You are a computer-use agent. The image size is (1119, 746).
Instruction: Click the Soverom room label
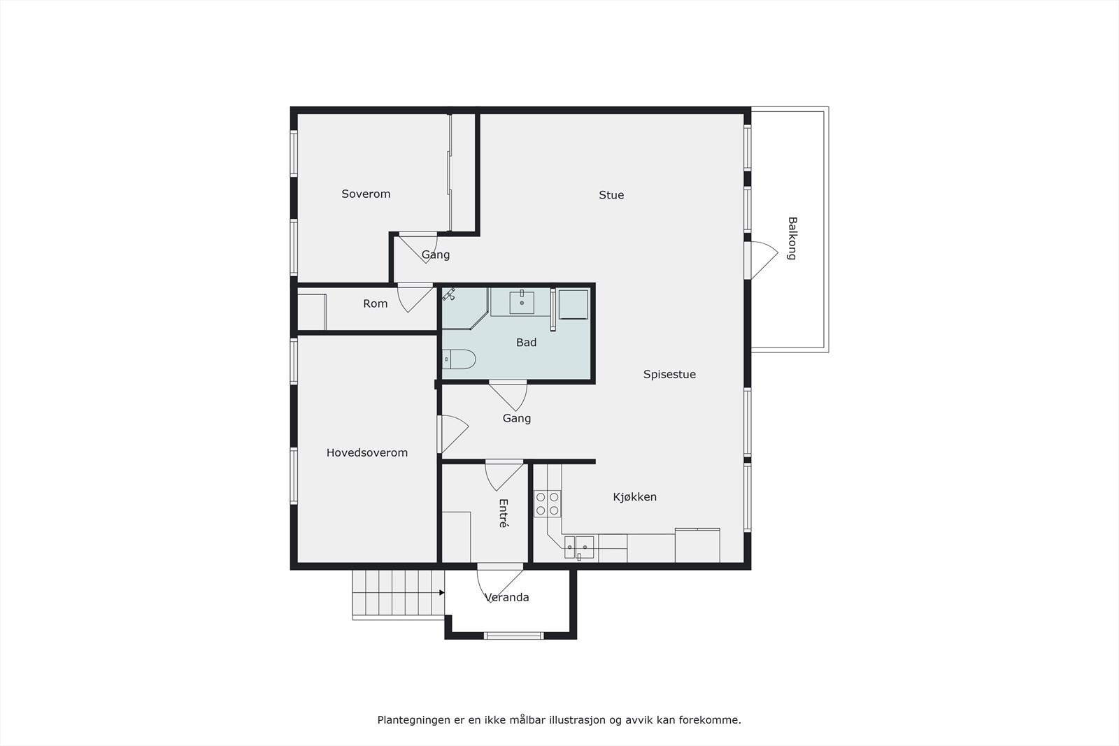366,194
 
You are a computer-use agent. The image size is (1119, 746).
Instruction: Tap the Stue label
611,195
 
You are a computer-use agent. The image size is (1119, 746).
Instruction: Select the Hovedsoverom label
366,453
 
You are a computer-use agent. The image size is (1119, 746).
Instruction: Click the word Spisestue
669,375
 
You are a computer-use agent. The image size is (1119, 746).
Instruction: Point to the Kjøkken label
634,497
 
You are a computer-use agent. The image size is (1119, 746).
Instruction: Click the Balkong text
792,238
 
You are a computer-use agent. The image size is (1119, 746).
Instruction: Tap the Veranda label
507,598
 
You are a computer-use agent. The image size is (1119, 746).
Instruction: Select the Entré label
504,512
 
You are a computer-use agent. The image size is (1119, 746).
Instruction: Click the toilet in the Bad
459,359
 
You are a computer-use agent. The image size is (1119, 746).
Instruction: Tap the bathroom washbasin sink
522,303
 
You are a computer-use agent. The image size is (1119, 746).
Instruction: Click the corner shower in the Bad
461,307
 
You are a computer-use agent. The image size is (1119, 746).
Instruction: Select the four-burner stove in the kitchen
547,503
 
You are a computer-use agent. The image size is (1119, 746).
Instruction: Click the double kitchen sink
579,547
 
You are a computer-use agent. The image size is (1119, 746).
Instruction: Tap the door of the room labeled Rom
415,298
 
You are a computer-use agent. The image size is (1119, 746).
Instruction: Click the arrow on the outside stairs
441,593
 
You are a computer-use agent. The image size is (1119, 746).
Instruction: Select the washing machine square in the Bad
573,303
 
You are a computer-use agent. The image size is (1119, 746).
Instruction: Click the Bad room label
526,343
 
